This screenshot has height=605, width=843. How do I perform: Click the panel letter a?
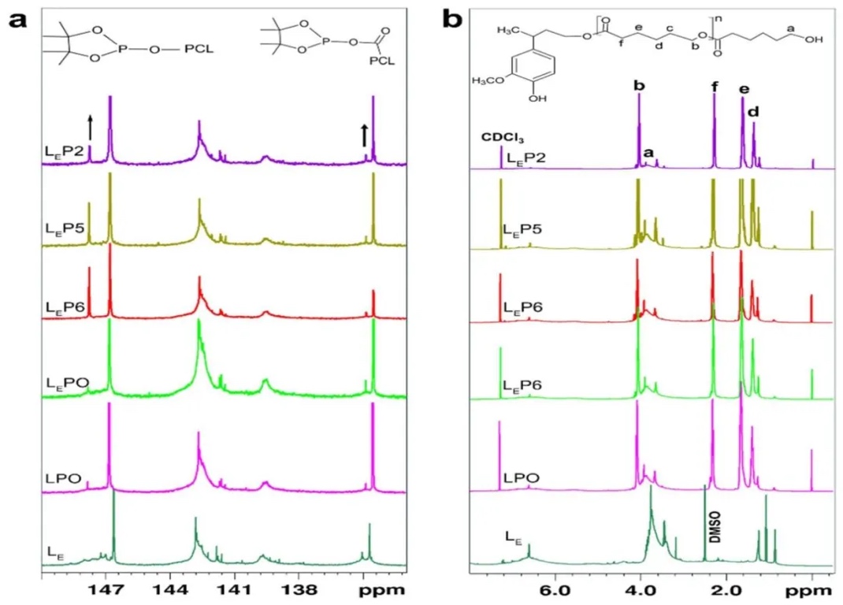pyautogui.click(x=19, y=19)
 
